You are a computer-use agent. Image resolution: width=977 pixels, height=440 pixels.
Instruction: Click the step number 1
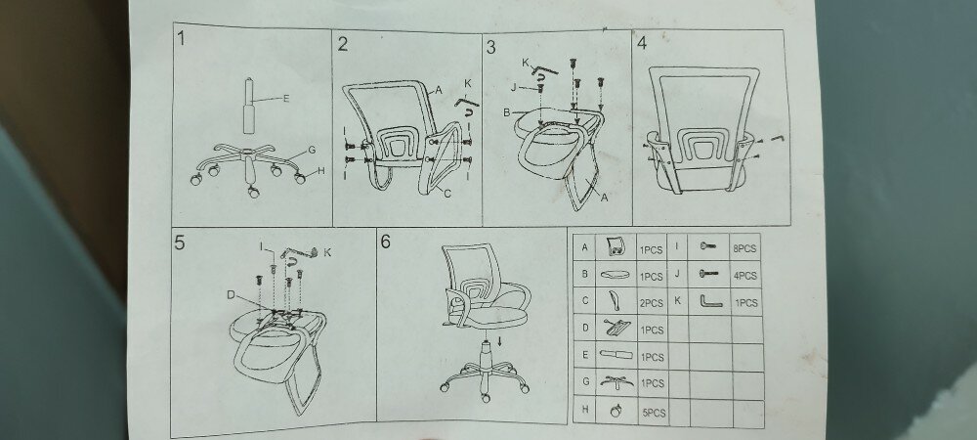[181, 39]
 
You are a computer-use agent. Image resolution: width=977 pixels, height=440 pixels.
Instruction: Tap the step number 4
[642, 43]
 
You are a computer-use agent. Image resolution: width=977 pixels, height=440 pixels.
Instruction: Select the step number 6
[385, 242]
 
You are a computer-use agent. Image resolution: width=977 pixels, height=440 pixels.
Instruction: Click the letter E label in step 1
[286, 98]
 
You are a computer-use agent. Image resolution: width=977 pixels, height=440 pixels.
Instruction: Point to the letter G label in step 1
[312, 151]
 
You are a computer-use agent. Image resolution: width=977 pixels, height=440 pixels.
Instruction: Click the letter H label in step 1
[321, 171]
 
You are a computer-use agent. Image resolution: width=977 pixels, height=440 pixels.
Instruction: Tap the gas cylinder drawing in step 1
[249, 106]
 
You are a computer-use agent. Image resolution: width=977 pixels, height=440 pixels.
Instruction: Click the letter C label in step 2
[446, 194]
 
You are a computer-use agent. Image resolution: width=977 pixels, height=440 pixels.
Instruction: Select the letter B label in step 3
[506, 112]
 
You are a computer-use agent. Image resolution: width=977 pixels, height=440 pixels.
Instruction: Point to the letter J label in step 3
[514, 88]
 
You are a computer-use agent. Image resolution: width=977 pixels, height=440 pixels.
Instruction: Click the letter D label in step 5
[231, 294]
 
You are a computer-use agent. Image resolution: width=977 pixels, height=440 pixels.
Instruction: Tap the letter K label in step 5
[327, 252]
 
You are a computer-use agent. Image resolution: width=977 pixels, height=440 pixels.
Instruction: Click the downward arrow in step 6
[499, 341]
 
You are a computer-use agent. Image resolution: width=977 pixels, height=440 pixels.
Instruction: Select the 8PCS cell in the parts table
[744, 248]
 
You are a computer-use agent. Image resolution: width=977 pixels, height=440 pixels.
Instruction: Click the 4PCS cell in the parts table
[745, 276]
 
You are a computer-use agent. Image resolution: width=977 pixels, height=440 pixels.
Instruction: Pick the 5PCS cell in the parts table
[654, 413]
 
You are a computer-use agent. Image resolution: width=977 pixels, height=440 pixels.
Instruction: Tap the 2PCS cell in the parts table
[652, 303]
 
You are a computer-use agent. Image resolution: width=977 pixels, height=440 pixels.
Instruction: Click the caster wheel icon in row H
[615, 411]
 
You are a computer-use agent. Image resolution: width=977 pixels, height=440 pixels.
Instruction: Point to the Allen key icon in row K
[709, 301]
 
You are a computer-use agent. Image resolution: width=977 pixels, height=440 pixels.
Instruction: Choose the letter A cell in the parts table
[584, 247]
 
